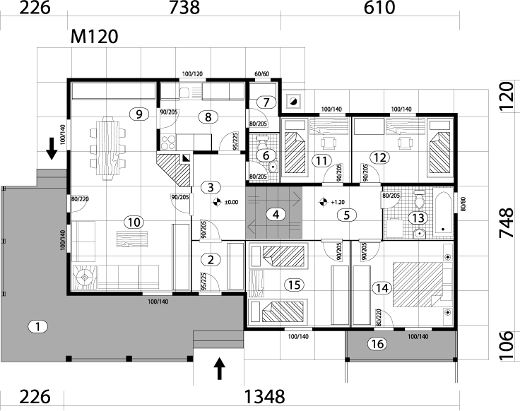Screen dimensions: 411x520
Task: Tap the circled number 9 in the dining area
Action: pos(139,113)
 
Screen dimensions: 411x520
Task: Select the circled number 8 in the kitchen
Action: pos(208,117)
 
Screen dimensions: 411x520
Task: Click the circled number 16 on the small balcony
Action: pos(377,344)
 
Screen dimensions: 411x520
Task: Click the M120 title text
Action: pos(93,36)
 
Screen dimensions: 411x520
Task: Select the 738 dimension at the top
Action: pos(185,8)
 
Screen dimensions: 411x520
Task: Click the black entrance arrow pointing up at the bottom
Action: pos(220,369)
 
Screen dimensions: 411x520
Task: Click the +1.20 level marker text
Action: pos(337,202)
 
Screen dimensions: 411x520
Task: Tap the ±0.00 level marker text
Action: pos(231,202)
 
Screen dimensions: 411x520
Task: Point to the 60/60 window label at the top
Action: pos(261,73)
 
